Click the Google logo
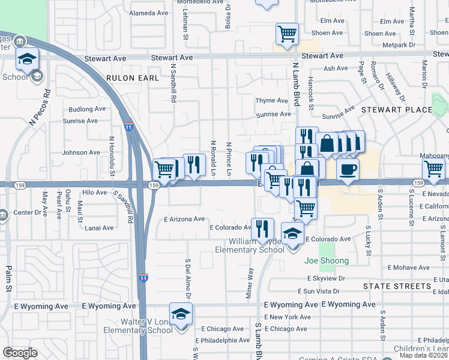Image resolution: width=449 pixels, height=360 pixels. tap(20, 353)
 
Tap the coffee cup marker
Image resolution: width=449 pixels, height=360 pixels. tap(348, 169)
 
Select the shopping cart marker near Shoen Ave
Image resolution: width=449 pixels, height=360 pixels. tap(287, 34)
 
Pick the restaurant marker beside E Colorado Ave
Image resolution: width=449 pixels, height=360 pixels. tap(262, 229)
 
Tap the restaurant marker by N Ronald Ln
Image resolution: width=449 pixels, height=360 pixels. tap(194, 164)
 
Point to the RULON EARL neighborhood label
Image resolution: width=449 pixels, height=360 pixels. tap(133, 78)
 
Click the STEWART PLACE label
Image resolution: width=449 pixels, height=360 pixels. tap(396, 110)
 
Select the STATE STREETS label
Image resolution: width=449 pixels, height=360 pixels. tap(397, 286)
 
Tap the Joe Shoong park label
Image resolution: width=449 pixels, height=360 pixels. tap(326, 260)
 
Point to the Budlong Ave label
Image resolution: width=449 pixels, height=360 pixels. tap(87, 109)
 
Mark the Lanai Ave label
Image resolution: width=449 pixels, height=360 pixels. tap(99, 228)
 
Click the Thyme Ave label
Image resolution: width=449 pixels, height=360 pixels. tap(272, 101)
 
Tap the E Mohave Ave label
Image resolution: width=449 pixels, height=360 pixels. tap(411, 268)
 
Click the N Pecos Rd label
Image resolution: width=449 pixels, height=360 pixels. tap(39, 109)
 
